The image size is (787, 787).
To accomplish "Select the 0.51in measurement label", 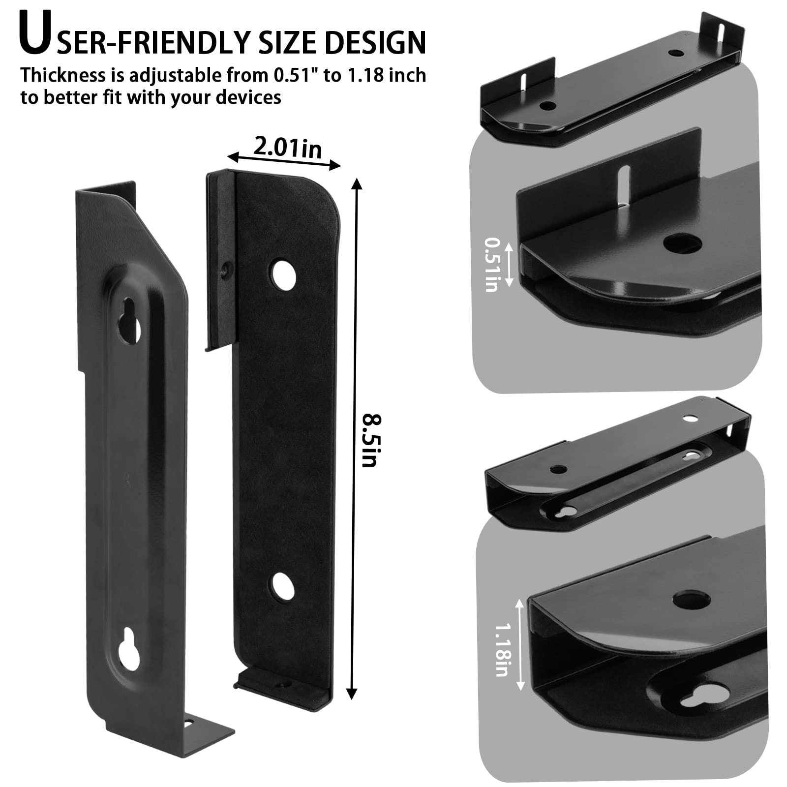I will pyautogui.click(x=491, y=265).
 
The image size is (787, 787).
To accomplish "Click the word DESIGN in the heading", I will pyautogui.click(x=375, y=42).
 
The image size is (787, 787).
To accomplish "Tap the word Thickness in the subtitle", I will pyautogui.click(x=63, y=76).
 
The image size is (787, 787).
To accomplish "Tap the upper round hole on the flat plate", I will pyautogui.click(x=283, y=274).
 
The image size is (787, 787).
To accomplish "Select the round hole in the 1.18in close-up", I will pyautogui.click(x=692, y=600).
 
